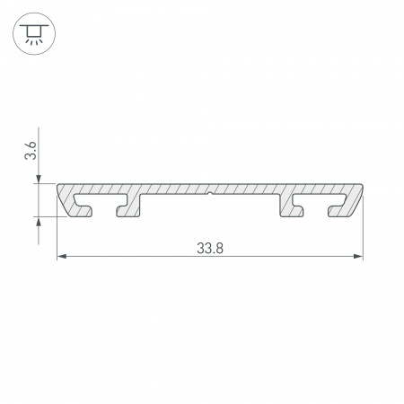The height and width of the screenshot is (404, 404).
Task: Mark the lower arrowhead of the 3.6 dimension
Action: [x=40, y=222]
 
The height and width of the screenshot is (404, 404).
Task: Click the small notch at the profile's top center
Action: [x=210, y=191]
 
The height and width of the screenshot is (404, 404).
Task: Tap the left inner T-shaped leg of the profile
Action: [x=127, y=208]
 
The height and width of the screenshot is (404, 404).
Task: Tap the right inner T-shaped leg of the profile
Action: [x=294, y=208]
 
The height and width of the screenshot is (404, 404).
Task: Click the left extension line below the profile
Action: [x=58, y=238]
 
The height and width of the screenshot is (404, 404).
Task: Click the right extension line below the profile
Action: [x=363, y=238]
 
